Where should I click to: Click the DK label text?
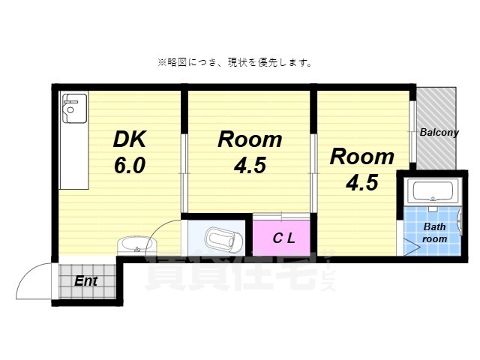[x=130, y=139]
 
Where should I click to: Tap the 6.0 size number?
[x=130, y=165]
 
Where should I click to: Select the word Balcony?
[x=439, y=132]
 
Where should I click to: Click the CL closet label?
[x=283, y=238]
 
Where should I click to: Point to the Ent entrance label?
[x=86, y=280]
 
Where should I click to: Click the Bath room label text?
[x=435, y=232]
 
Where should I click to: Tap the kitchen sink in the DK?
[x=74, y=109]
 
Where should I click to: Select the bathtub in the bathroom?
[x=433, y=191]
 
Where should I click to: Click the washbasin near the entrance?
[x=137, y=245]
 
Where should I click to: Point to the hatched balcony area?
[x=436, y=128]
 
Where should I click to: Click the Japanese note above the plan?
[x=235, y=63]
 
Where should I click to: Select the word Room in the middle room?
[x=250, y=139]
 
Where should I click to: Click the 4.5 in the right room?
[x=362, y=182]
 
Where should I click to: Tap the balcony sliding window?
[x=412, y=132]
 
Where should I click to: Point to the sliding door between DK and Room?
[x=184, y=173]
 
